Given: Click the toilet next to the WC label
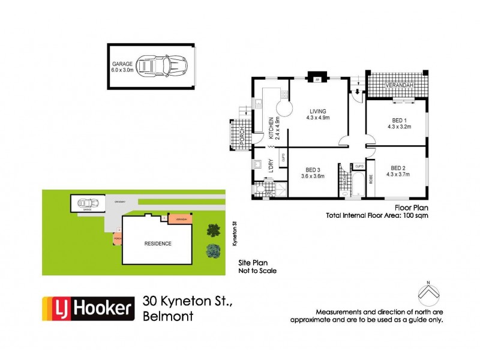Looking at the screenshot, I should tap(259, 191).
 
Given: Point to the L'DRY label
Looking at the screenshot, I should tap(271, 166).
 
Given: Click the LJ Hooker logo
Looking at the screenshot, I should tap(87, 309).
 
